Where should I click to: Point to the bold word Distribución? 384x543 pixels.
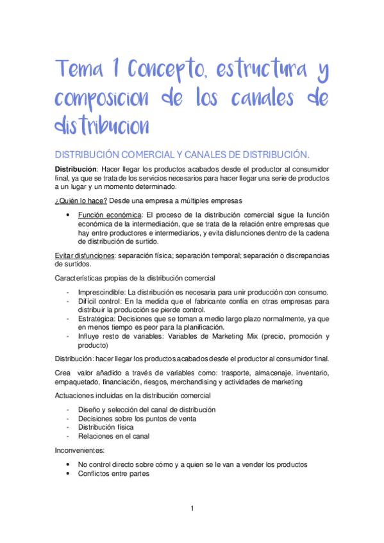click(77, 168)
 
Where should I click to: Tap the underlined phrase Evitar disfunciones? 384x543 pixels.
click(85, 255)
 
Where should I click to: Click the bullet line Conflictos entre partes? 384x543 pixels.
click(114, 474)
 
